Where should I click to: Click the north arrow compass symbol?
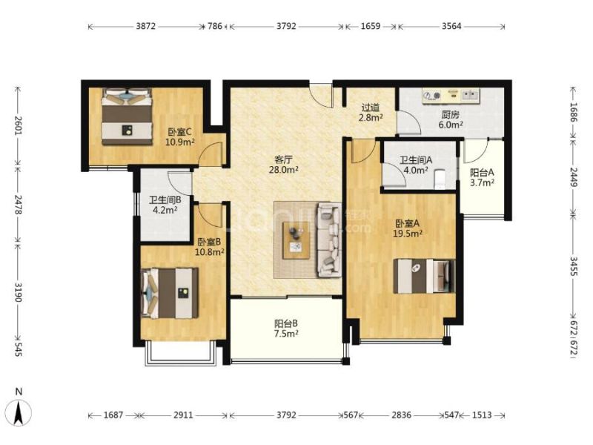[20, 412]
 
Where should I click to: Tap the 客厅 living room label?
[284, 159]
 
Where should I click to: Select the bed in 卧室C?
[127, 116]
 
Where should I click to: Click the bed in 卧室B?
[170, 293]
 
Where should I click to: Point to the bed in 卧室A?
[424, 276]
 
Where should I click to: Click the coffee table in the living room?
[296, 240]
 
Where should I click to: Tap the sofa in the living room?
[329, 240]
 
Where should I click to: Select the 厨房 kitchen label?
[451, 114]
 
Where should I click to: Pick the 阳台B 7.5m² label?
[286, 329]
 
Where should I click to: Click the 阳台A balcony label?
[482, 173]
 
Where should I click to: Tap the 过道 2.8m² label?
[371, 113]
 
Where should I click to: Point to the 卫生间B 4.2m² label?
[165, 205]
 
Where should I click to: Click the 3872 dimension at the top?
[146, 26]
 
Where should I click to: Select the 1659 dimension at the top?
[371, 26]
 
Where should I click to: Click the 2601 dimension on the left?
[18, 125]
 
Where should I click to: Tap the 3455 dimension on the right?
[574, 266]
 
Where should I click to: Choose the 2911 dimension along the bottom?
[183, 415]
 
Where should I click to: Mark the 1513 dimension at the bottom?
[483, 415]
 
